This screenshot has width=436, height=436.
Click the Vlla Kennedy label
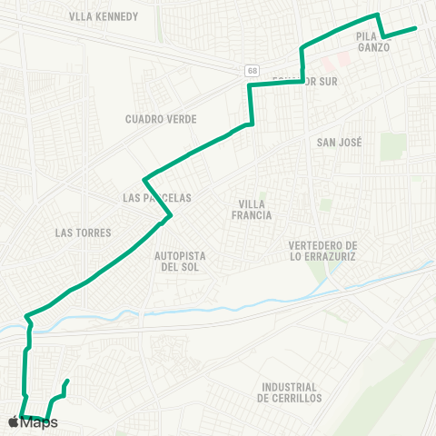(x=104, y=16)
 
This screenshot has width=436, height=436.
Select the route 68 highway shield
(x=251, y=70)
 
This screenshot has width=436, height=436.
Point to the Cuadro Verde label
(x=161, y=118)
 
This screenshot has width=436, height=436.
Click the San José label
(x=340, y=143)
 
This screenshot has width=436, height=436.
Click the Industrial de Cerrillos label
(x=290, y=392)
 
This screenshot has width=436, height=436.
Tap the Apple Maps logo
(x=26, y=422)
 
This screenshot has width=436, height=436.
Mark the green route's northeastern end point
(x=415, y=28)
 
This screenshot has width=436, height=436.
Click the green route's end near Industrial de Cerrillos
(x=68, y=381)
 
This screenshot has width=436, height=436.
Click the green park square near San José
(x=393, y=146)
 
